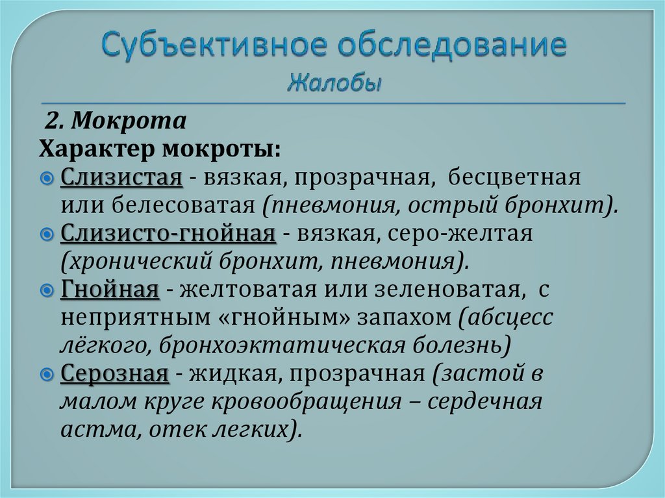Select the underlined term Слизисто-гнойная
pos(169,233)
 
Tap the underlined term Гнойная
pos(110,289)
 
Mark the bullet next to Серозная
pos(49,374)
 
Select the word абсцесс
pos(510,317)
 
